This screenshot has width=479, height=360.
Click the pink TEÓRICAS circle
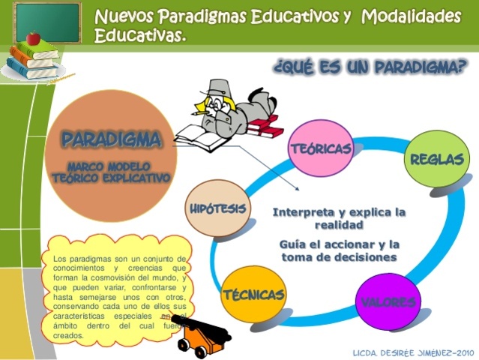pyautogui.click(x=321, y=148)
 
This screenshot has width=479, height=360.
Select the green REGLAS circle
pyautogui.click(x=437, y=159)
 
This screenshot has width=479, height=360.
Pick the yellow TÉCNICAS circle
pyautogui.click(x=254, y=294)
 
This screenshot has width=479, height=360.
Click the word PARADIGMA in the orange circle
pyautogui.click(x=111, y=139)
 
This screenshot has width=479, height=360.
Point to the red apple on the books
pyautogui.click(x=32, y=37)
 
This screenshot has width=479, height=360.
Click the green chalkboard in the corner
pyautogui.click(x=46, y=22)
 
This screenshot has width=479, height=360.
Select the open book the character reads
pyautogui.click(x=200, y=136)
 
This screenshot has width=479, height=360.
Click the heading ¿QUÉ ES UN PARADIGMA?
pyautogui.click(x=370, y=69)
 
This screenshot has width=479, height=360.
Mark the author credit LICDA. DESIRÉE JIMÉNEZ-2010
pyautogui.click(x=413, y=351)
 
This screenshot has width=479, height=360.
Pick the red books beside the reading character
pyautogui.click(x=265, y=127)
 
